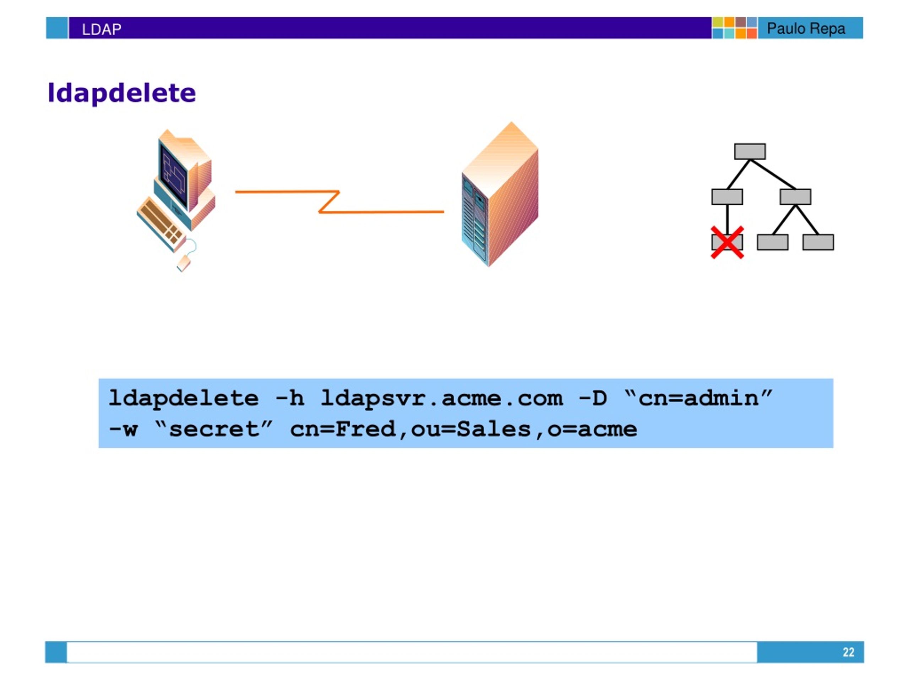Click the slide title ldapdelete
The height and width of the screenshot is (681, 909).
click(122, 93)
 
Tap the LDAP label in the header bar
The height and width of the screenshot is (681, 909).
click(102, 29)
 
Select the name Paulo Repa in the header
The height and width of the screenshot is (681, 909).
click(806, 29)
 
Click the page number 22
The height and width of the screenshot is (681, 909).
click(848, 652)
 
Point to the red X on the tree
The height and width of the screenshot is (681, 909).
click(727, 242)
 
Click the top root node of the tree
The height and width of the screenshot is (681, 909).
click(750, 151)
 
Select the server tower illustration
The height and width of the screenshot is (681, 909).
click(500, 194)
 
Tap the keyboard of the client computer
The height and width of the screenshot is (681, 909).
click(161, 224)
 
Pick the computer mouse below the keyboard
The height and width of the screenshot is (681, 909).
click(184, 263)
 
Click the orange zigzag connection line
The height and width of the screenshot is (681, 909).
click(339, 201)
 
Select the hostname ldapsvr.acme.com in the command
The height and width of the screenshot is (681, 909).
click(442, 398)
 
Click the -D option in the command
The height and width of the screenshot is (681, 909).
click(593, 398)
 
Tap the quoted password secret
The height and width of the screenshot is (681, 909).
click(214, 429)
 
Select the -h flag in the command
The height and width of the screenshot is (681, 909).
click(290, 398)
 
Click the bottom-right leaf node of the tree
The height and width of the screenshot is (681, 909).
click(818, 242)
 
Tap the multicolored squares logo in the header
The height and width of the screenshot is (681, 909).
click(735, 28)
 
